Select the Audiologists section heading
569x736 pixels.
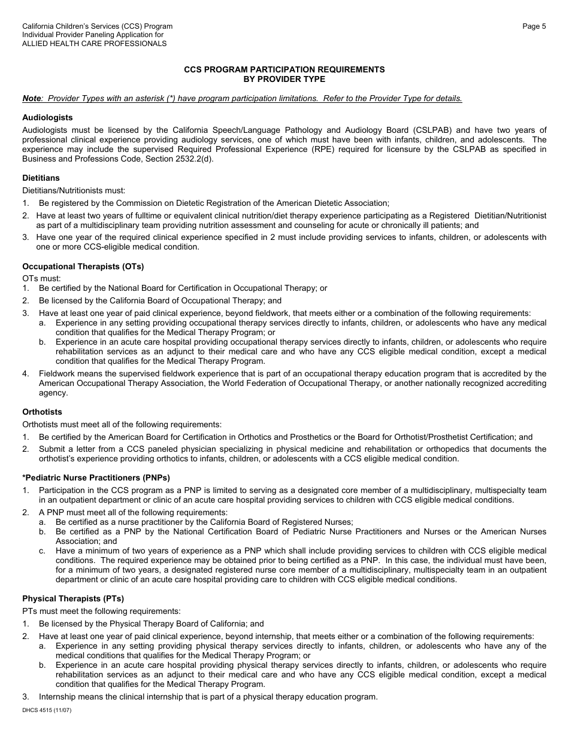click(x=47, y=118)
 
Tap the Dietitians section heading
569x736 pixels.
click(x=41, y=178)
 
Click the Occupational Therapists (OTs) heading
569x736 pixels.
click(x=83, y=266)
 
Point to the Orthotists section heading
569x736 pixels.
click(x=42, y=412)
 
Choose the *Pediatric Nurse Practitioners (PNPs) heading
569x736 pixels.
click(x=96, y=478)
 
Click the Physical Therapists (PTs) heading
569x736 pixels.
click(x=73, y=598)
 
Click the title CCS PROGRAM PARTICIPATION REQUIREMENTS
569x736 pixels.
click(x=284, y=70)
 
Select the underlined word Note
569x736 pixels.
click(x=32, y=99)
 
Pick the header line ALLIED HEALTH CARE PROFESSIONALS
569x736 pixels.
click(x=94, y=44)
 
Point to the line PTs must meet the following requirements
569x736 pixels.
click(x=101, y=611)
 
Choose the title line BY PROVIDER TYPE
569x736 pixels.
click(x=284, y=79)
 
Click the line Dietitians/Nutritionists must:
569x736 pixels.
click(x=74, y=191)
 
